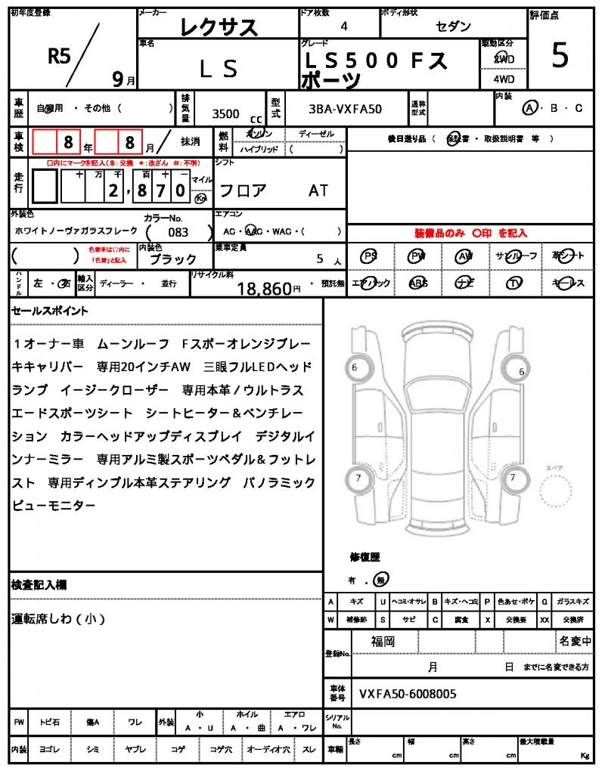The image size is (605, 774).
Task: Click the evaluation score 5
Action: point(560,57)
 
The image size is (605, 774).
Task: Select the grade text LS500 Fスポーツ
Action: point(375,68)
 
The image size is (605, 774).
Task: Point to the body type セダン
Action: point(454,26)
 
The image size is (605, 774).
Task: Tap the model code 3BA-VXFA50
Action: point(346,109)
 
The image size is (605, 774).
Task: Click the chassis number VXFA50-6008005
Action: point(408,693)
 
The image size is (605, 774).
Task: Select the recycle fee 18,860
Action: point(264,288)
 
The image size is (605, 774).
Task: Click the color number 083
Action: point(178,233)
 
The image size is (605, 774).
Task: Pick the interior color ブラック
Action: point(173,259)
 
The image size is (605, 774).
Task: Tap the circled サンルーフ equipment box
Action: point(515,256)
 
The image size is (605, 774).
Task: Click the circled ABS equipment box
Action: point(418,283)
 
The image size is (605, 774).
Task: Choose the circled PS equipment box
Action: point(369,256)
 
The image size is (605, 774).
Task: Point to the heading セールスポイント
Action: point(50,311)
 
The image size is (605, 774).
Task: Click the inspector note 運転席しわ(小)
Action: point(58,619)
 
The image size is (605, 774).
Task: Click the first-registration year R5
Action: point(59,54)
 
